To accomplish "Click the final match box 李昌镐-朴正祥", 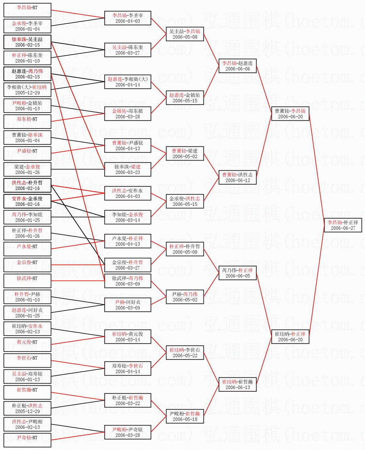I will point(343,225).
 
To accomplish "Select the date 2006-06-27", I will point(343,228).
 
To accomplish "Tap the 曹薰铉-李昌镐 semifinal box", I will point(290,113).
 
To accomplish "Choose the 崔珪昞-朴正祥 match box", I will point(290,336).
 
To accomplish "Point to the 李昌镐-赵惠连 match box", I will point(238,66).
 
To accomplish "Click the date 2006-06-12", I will point(238,180).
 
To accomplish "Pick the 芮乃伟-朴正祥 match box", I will point(238,273).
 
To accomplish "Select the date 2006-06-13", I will point(238,387).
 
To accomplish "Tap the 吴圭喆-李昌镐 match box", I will point(185,34).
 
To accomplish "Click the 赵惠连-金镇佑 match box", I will point(185,97).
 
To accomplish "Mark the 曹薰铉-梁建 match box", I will point(185,153).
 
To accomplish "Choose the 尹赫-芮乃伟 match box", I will point(185,297).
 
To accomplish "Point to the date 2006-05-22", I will point(185,355).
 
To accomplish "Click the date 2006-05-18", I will point(185,419).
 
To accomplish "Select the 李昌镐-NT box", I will point(27,10).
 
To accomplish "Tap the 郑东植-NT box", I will point(27,122).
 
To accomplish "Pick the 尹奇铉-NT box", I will point(27,440).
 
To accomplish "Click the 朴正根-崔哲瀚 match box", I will point(127,400).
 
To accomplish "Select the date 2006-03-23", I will point(127,172).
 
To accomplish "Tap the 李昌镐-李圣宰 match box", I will point(127,18).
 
